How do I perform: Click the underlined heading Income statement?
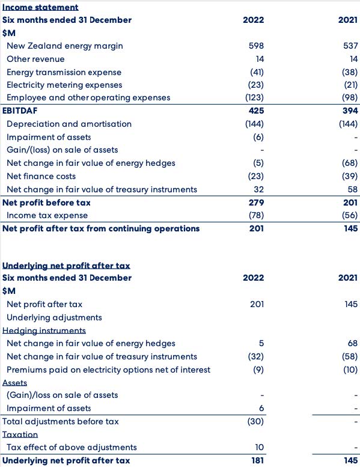pyautogui.click(x=40, y=7)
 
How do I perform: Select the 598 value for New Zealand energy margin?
pyautogui.click(x=256, y=46)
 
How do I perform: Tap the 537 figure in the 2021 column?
pyautogui.click(x=350, y=46)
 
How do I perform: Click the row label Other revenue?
pyautogui.click(x=35, y=59)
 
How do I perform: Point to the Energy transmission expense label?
pyautogui.click(x=64, y=72)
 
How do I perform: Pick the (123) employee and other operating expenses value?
pyautogui.click(x=254, y=98)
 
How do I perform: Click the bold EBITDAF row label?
pyautogui.click(x=20, y=111)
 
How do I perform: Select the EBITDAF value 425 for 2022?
pyautogui.click(x=257, y=111)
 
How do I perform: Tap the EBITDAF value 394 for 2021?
pyautogui.click(x=350, y=111)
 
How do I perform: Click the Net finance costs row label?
pyautogui.click(x=41, y=176)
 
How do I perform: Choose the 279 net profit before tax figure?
pyautogui.click(x=257, y=203)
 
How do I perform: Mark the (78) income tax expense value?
pyautogui.click(x=256, y=215)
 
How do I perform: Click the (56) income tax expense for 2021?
pyautogui.click(x=350, y=215)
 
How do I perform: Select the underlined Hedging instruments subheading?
pyautogui.click(x=44, y=331)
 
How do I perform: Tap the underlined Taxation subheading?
pyautogui.click(x=20, y=435)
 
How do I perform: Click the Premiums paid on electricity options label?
pyautogui.click(x=108, y=370)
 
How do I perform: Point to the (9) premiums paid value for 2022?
pyautogui.click(x=258, y=370)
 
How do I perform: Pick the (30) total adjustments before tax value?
pyautogui.click(x=255, y=421)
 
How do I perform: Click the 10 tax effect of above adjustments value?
pyautogui.click(x=260, y=447)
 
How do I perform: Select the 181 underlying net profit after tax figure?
pyautogui.click(x=258, y=460)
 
